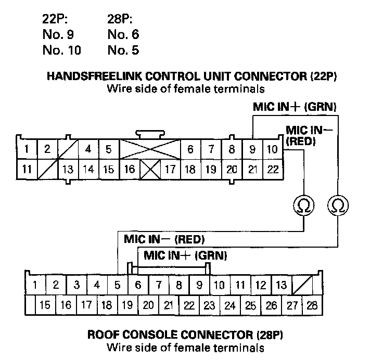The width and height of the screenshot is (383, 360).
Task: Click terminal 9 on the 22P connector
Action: pos(252,149)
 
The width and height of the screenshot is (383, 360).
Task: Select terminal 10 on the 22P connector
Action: pos(272,149)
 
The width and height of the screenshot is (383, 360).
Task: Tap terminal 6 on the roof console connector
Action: pos(138,285)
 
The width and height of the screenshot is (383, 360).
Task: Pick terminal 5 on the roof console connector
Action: pos(118,285)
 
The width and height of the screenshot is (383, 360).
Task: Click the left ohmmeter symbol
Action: pos(303,206)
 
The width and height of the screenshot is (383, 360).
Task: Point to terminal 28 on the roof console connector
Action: pos(312,305)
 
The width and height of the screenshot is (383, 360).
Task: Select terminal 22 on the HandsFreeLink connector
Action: pos(272,169)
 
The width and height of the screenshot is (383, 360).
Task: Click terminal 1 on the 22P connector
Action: pos(26,149)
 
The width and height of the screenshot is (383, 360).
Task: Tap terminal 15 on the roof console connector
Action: pos(45,305)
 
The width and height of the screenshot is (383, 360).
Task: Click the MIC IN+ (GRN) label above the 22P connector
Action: pos(295,107)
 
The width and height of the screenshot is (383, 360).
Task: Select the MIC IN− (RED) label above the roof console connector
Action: pos(164,240)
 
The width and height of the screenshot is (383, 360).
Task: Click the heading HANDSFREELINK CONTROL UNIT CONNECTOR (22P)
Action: pos(193,77)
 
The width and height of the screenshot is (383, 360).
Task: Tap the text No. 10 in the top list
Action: pos(61,50)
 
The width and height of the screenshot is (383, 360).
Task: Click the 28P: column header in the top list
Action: pos(120,21)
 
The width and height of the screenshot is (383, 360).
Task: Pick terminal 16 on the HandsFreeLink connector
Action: pos(130,169)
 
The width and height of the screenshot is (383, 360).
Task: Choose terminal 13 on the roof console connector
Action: pos(281,285)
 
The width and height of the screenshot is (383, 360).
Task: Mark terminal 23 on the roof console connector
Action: pos(209,305)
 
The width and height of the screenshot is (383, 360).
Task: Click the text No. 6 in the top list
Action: pos(123,35)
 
